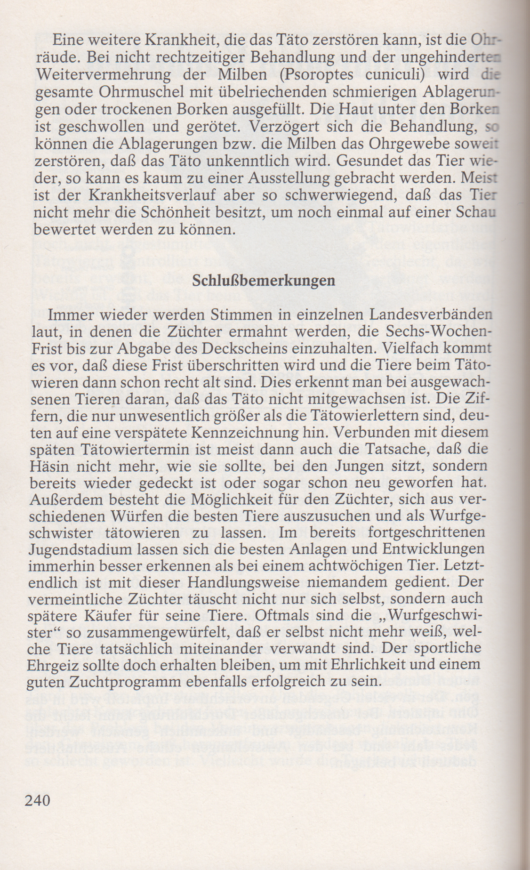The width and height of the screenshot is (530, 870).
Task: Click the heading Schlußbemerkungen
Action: [x=264, y=281]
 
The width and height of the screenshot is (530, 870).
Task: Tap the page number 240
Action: [x=37, y=800]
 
